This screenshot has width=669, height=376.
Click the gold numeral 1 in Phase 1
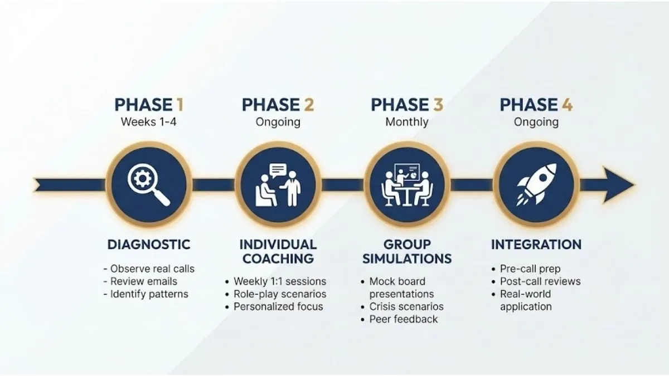(x=180, y=105)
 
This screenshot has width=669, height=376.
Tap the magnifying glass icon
(x=148, y=184)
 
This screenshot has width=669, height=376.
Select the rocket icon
(x=537, y=184)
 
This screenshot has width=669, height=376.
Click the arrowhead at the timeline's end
(x=618, y=185)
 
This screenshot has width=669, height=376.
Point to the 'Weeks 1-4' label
(x=148, y=122)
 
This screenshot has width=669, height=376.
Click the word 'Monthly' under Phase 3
(x=407, y=122)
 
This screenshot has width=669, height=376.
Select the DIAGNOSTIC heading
(x=149, y=245)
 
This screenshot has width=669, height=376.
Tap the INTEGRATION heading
(x=536, y=245)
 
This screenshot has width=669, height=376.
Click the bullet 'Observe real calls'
(x=149, y=269)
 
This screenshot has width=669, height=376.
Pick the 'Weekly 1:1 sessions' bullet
(x=275, y=281)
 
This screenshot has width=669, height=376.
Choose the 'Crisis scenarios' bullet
(x=403, y=306)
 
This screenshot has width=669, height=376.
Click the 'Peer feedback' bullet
(x=399, y=319)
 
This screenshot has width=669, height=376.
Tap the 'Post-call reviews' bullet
(x=536, y=281)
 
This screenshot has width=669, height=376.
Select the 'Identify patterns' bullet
(x=146, y=294)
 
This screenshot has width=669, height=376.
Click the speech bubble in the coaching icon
(x=278, y=170)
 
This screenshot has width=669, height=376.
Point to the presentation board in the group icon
(x=407, y=172)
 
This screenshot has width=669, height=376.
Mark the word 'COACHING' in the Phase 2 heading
(x=278, y=258)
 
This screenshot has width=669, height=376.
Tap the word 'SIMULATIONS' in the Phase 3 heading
(x=407, y=258)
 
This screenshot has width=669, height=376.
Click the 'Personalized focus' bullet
(x=274, y=306)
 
